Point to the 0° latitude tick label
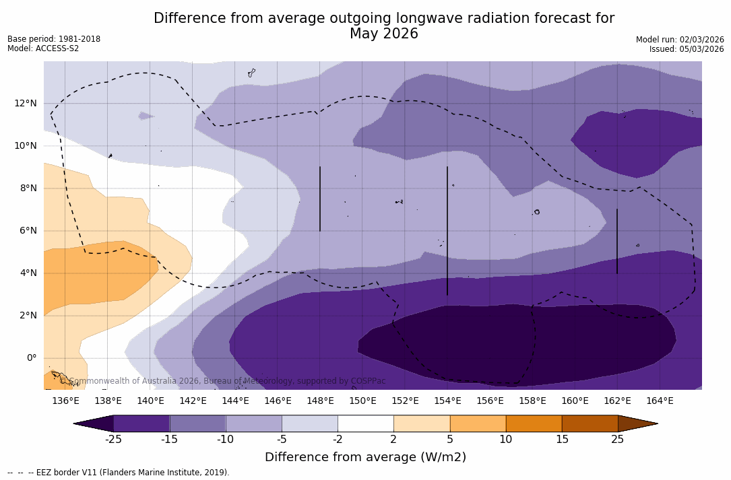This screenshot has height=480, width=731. (x=31, y=357)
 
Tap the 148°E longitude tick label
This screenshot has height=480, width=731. (x=320, y=401)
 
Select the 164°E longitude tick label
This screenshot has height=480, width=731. (x=660, y=401)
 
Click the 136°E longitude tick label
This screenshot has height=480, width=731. (x=65, y=401)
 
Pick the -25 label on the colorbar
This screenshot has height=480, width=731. (x=113, y=440)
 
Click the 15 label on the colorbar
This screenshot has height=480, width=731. (x=561, y=440)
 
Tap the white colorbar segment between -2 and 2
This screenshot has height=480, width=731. (x=365, y=423)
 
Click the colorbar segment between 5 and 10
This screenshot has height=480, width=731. (x=477, y=423)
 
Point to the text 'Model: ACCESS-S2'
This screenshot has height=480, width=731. (x=43, y=48)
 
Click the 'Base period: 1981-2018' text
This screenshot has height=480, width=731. (x=54, y=39)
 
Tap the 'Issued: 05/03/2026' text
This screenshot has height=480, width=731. (x=687, y=49)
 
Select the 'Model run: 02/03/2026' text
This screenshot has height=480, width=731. (x=680, y=40)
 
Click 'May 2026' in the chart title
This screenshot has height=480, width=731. (x=383, y=34)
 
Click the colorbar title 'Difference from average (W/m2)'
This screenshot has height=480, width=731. (x=365, y=457)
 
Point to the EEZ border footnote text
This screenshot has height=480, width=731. (x=119, y=473)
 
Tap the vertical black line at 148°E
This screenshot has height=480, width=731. (x=320, y=199)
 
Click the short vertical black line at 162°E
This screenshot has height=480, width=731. (x=617, y=241)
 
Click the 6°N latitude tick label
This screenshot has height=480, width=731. (x=28, y=230)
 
